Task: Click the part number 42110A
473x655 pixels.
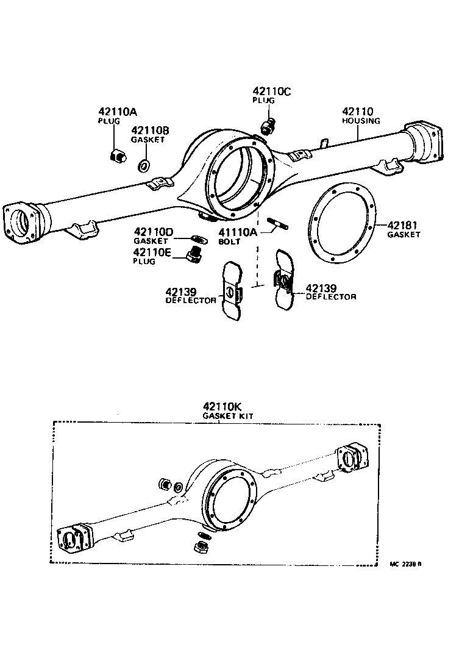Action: point(118,112)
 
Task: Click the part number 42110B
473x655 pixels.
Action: point(149,131)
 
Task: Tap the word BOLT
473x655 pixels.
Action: point(229,242)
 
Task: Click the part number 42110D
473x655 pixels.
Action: point(154,232)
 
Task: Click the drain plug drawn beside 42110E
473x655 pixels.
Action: point(194,257)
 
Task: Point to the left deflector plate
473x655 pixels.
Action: point(232,291)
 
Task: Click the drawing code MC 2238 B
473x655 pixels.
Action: point(405,564)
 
